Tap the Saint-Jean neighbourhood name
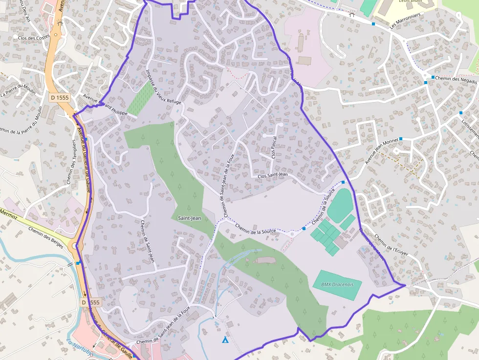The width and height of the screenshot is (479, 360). click(189, 218)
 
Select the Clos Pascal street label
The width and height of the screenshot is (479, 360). click(274, 148)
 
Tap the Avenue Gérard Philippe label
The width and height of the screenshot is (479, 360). click(105, 104)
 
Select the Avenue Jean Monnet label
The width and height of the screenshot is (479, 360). click(382, 151)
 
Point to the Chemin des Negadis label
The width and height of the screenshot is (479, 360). click(452, 79)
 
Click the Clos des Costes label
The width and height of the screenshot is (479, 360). click(34, 37)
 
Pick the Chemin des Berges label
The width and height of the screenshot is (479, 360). click(46, 237)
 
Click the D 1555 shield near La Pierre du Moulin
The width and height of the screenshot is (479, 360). click(60, 97)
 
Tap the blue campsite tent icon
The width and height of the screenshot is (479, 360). click(225, 340)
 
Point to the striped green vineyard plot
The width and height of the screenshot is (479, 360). click(139, 98)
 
